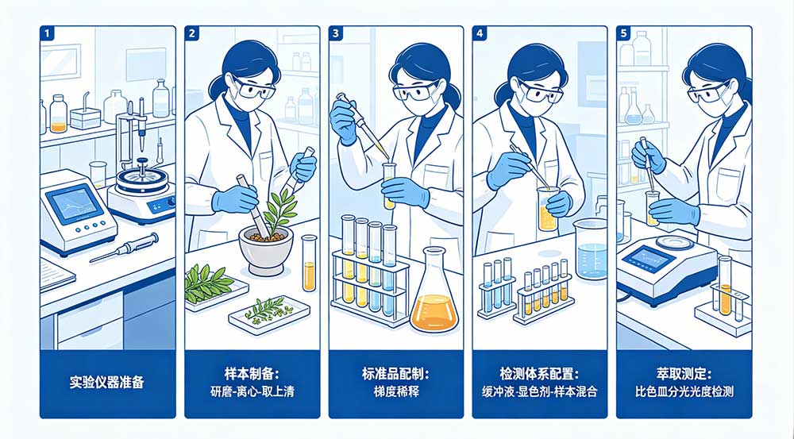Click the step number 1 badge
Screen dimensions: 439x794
(48, 35)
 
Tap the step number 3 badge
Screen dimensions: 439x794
(337, 35)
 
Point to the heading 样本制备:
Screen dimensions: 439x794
(252, 372)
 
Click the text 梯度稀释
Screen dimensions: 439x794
(395, 390)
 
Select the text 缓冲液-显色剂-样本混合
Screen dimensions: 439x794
(540, 391)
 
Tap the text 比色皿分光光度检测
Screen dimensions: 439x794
(684, 391)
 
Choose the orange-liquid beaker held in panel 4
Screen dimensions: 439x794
(547, 210)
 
